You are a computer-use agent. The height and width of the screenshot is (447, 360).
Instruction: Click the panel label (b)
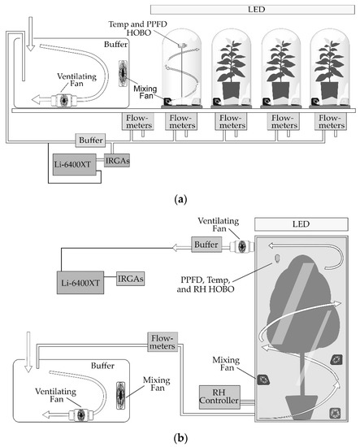click(x=179, y=436)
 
